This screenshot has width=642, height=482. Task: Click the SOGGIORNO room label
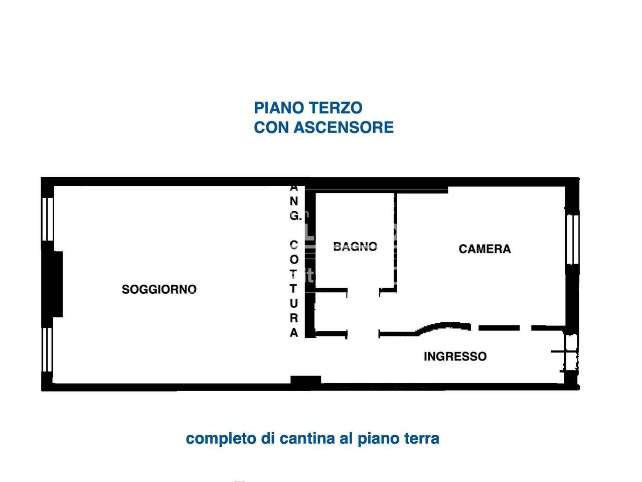point(159,289)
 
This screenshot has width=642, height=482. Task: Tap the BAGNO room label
point(355,246)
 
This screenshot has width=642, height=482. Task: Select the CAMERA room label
point(485,249)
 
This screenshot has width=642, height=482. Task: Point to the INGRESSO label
point(455,356)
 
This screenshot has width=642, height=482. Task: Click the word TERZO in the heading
point(335,108)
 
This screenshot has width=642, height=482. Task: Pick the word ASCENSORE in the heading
point(344,128)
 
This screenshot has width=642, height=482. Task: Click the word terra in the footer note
point(421,438)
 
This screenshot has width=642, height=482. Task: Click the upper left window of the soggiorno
point(48,219)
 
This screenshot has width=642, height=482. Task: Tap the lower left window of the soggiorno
point(48,349)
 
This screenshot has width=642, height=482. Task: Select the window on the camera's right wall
point(572,239)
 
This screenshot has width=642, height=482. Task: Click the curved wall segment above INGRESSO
point(444,326)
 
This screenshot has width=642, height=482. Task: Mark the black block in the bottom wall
point(305,382)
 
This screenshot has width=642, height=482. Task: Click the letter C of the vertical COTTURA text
point(294,245)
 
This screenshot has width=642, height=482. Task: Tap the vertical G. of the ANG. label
point(295,216)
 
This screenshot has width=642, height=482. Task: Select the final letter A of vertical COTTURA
point(294,332)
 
